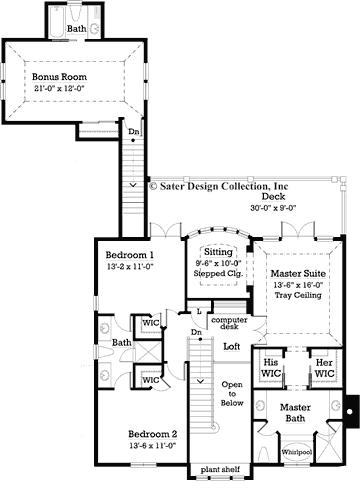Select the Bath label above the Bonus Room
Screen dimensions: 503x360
point(76,30)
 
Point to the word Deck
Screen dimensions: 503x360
point(274,197)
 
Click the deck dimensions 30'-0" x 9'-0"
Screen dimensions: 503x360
point(273,209)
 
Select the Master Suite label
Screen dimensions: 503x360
point(298,271)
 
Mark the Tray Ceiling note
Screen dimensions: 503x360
point(298,295)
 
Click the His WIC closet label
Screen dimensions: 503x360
point(269,367)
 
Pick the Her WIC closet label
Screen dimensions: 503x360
point(323,367)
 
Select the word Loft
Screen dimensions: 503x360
point(232,346)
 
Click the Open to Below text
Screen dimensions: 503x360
point(232,395)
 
